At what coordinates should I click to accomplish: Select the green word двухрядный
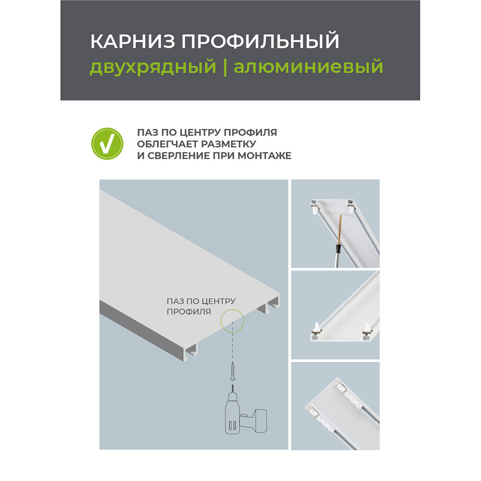[x=152, y=66]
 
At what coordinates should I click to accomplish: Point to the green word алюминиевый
[x=308, y=66]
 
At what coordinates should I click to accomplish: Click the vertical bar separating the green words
[x=225, y=66]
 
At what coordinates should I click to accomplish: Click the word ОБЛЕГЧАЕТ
[x=163, y=144]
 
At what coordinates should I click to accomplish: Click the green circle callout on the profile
[x=232, y=319]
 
